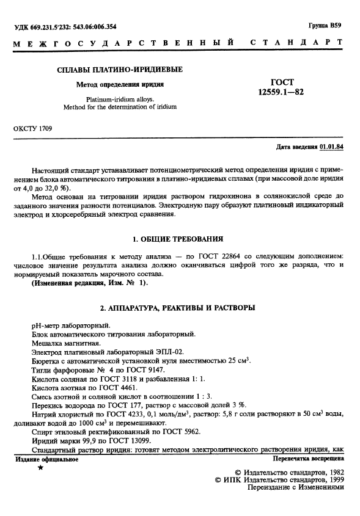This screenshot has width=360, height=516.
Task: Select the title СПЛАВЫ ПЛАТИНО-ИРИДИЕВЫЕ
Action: click(120, 71)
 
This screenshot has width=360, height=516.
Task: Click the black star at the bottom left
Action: click(40, 468)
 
